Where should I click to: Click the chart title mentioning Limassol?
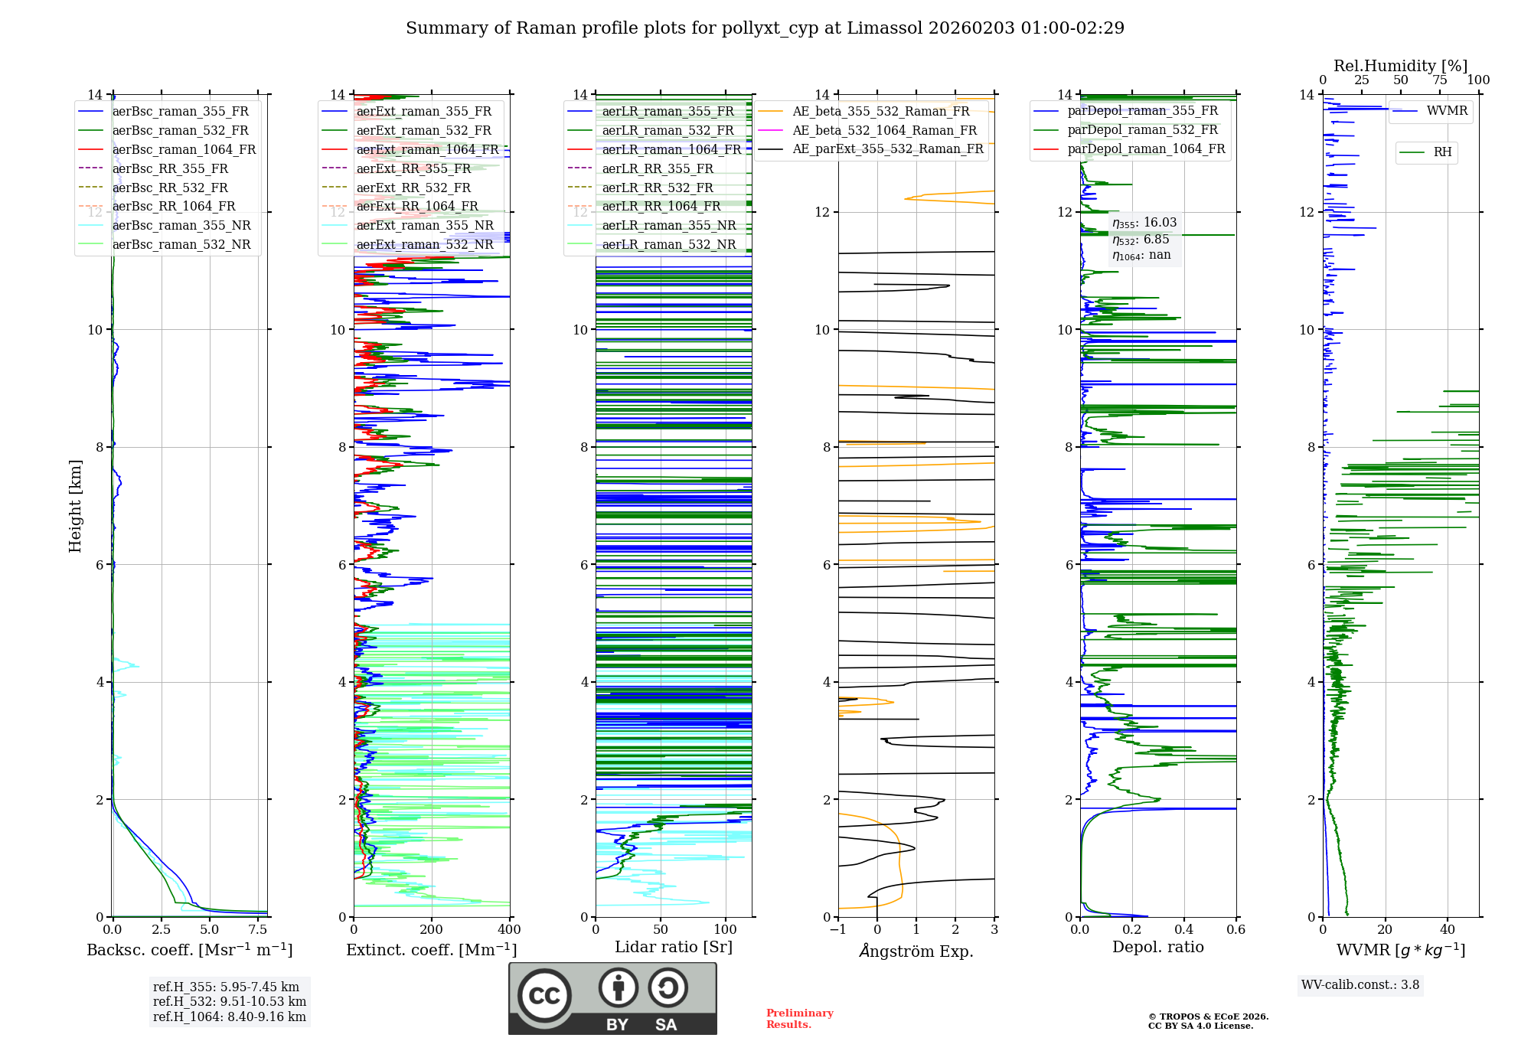pyautogui.click(x=765, y=28)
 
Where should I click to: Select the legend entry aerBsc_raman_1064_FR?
pyautogui.click(x=184, y=150)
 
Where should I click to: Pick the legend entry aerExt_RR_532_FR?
pyautogui.click(x=413, y=188)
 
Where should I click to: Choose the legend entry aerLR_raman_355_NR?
pyautogui.click(x=668, y=225)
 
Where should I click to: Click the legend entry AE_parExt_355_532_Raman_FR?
pyautogui.click(x=888, y=148)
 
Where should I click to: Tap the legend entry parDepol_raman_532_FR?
pyautogui.click(x=1143, y=129)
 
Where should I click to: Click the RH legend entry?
pyautogui.click(x=1442, y=152)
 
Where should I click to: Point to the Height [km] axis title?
pyautogui.click(x=75, y=505)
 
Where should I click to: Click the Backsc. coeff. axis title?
pyautogui.click(x=190, y=950)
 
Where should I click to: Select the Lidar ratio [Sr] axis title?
pyautogui.click(x=674, y=947)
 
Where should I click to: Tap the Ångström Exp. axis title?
pyautogui.click(x=916, y=951)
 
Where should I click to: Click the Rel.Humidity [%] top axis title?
pyautogui.click(x=1400, y=66)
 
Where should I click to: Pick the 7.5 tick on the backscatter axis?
pyautogui.click(x=258, y=930)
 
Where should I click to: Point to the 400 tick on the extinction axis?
pyautogui.click(x=509, y=930)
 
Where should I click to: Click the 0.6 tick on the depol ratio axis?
pyautogui.click(x=1236, y=930)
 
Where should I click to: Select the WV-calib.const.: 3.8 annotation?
pyautogui.click(x=1360, y=985)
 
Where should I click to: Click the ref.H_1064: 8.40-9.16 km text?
pyautogui.click(x=230, y=1017)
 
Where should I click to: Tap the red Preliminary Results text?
pyautogui.click(x=799, y=1019)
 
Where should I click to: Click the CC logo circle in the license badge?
pyautogui.click(x=544, y=996)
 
